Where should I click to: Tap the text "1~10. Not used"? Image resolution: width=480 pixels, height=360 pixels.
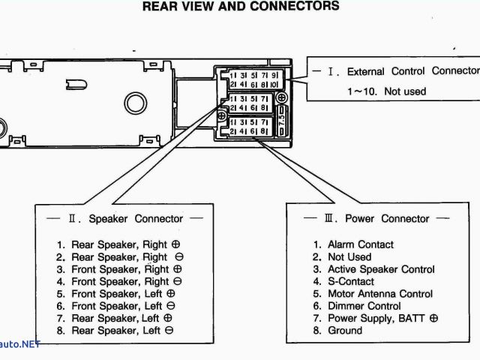point(385,91)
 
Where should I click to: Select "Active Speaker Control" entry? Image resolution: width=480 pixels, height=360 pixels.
point(375,269)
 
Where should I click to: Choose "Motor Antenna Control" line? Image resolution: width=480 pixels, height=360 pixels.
point(376,293)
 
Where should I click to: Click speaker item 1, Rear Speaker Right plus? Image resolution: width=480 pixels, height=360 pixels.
point(119,244)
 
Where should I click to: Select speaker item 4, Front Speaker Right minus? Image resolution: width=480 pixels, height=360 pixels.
point(120,281)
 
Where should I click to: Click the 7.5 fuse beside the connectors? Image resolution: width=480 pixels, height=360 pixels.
point(282,118)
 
